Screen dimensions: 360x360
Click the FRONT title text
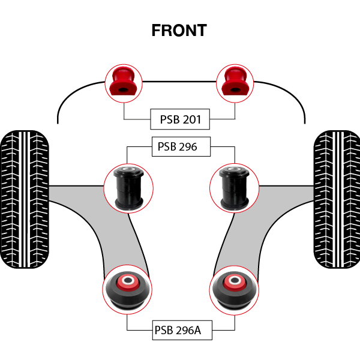pyautogui.click(x=179, y=30)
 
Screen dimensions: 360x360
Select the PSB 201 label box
pyautogui.click(x=180, y=120)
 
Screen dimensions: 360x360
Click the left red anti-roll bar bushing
pyautogui.click(x=125, y=83)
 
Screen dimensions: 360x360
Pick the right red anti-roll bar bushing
pyautogui.click(x=234, y=83)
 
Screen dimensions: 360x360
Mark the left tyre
pyautogui.click(x=24, y=199)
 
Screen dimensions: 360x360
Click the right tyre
pyautogui.click(x=336, y=199)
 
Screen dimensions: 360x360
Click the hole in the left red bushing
pyautogui.click(x=123, y=90)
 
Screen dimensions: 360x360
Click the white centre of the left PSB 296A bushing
pyautogui.click(x=127, y=280)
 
